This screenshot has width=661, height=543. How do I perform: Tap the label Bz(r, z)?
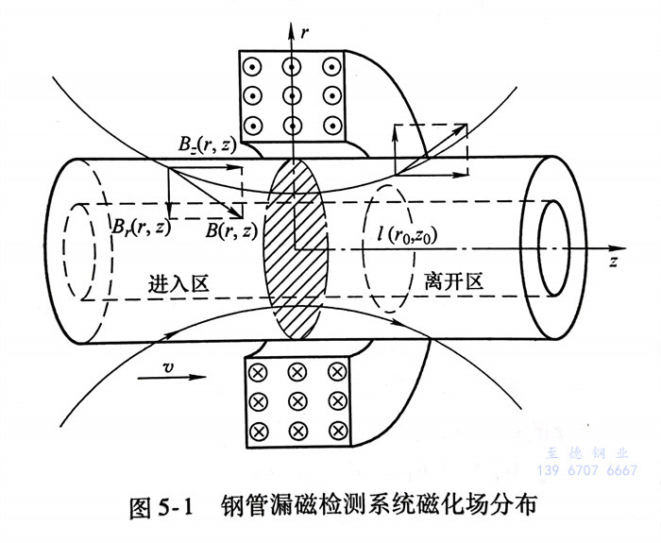click(x=210, y=144)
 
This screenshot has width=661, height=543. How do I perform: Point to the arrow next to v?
click(x=180, y=376)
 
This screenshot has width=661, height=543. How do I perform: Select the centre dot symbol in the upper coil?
click(x=293, y=95)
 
